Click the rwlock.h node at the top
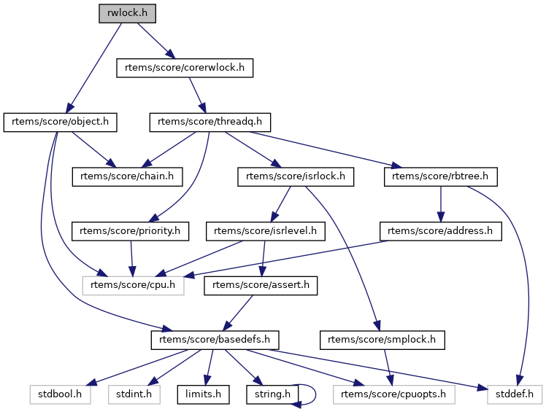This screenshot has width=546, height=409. pyautogui.click(x=127, y=14)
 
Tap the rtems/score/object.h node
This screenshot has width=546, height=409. pyautogui.click(x=61, y=122)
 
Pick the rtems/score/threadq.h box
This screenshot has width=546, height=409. pyautogui.click(x=210, y=122)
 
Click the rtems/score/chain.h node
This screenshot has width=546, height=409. pyautogui.click(x=127, y=176)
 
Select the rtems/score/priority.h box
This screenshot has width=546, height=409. pyautogui.click(x=130, y=231)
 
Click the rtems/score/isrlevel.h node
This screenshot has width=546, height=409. pyautogui.click(x=266, y=231)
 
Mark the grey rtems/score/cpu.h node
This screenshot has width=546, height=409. pyautogui.click(x=133, y=285)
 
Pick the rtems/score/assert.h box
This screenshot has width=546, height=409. pyautogui.click(x=261, y=285)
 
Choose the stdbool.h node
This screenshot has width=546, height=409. pyautogui.click(x=60, y=394)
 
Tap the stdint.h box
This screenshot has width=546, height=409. pyautogui.click(x=134, y=394)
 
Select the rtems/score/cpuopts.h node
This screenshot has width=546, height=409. pyautogui.click(x=393, y=394)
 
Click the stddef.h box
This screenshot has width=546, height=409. pyautogui.click(x=514, y=394)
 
